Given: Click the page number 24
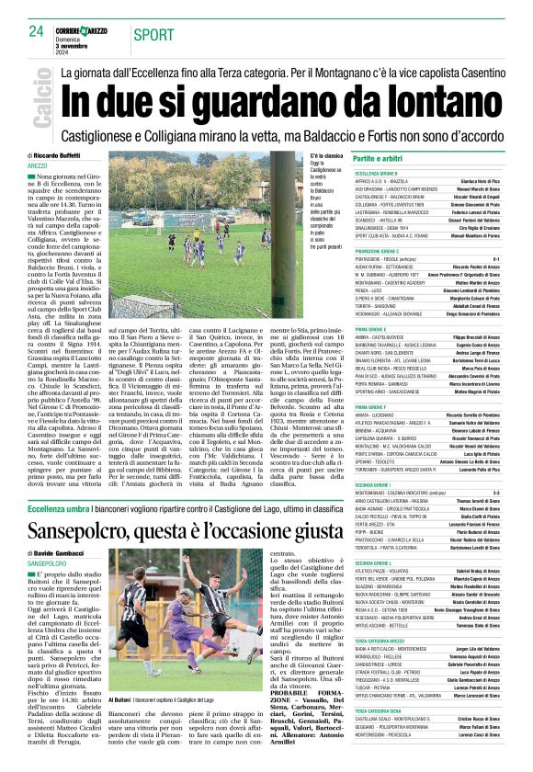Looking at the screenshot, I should click(x=36, y=30).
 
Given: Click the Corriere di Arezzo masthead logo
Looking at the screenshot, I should click(x=85, y=31).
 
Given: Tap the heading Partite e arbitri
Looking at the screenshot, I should click(x=379, y=159).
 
